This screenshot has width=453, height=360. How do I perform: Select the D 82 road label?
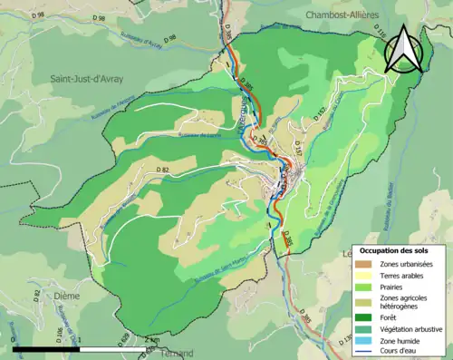click(x=162, y=170)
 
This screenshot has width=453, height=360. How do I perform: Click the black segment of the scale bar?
click(x=46, y=348)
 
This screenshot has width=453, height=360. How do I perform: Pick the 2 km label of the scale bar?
click(x=151, y=338)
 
